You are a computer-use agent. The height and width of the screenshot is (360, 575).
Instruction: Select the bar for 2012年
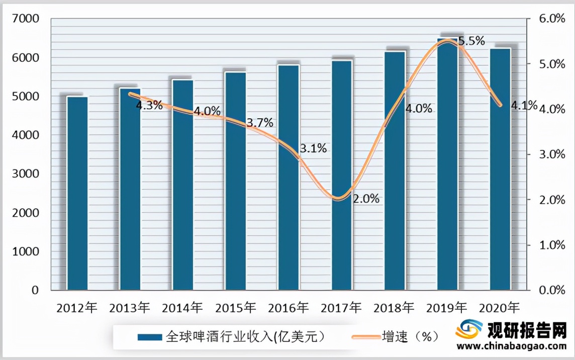pos(77,194)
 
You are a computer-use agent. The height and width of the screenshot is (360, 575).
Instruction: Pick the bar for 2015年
pos(236,181)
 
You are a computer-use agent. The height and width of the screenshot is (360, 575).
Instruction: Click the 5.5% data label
pos(471,41)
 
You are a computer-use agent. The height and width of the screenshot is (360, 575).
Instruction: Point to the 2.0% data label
pos(365,199)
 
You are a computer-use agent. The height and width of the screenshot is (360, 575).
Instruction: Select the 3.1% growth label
pos(313,148)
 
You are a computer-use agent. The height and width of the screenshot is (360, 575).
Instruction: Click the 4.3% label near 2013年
pos(149,106)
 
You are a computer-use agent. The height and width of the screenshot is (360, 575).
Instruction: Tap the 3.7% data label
pos(260,123)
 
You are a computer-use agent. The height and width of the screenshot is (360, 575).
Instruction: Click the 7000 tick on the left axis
pos(28,19)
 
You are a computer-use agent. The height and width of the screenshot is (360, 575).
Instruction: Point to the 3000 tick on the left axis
pos(28,174)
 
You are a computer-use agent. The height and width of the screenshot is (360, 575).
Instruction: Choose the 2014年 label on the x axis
pos(182,307)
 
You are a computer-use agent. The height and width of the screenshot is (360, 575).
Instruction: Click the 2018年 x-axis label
pos(394,307)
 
